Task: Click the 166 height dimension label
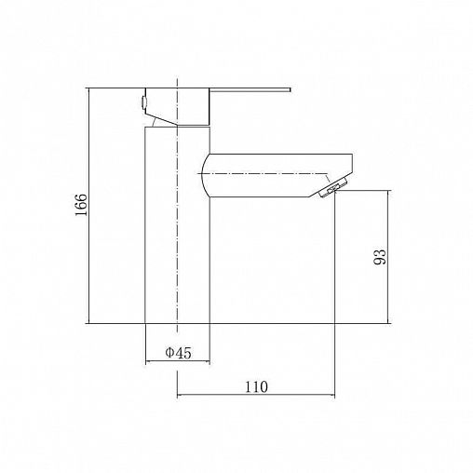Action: (81, 205)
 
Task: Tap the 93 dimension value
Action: (380, 257)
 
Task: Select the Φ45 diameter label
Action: (178, 353)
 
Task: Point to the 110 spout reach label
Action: (256, 386)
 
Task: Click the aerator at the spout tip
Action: (333, 188)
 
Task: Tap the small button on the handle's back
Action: (143, 102)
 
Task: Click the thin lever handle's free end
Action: (290, 90)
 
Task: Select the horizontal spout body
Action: (277, 175)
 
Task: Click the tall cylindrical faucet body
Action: (178, 225)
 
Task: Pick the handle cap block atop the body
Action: (178, 107)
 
